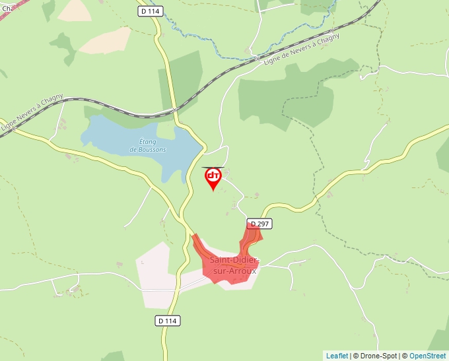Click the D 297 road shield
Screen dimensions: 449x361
click(x=259, y=224)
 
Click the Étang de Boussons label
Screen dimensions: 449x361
click(x=148, y=145)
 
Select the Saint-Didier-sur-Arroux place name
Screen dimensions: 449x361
click(x=234, y=265)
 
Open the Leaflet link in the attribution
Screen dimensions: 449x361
click(x=337, y=356)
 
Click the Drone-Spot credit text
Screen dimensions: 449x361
click(x=375, y=356)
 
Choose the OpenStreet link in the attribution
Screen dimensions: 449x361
click(x=427, y=356)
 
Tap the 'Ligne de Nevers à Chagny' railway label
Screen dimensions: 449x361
click(x=301, y=49)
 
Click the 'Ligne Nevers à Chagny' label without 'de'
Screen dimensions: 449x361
click(x=32, y=112)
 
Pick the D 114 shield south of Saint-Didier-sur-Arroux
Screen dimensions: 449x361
click(x=168, y=320)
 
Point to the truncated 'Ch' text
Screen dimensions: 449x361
click(x=5, y=9)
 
